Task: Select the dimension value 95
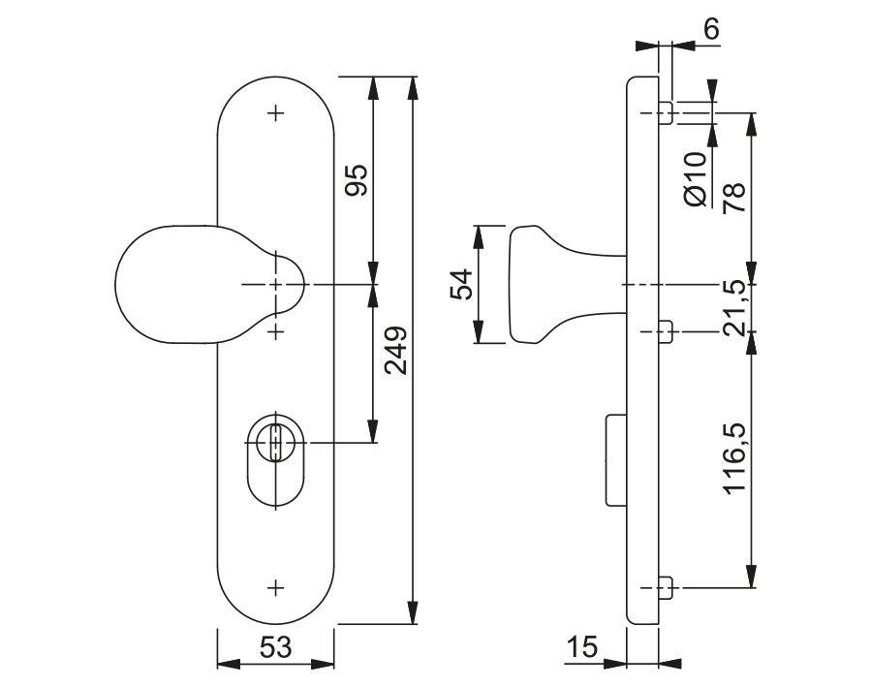[x=356, y=181]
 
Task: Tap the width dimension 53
[x=275, y=648]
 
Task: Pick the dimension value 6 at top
[x=712, y=29]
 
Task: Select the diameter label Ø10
[x=695, y=179]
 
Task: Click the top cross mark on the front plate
[x=277, y=113]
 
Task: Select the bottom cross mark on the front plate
[x=277, y=586]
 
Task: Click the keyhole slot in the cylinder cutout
[x=277, y=442]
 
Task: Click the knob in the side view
[x=543, y=284]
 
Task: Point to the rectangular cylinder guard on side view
[x=614, y=459]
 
